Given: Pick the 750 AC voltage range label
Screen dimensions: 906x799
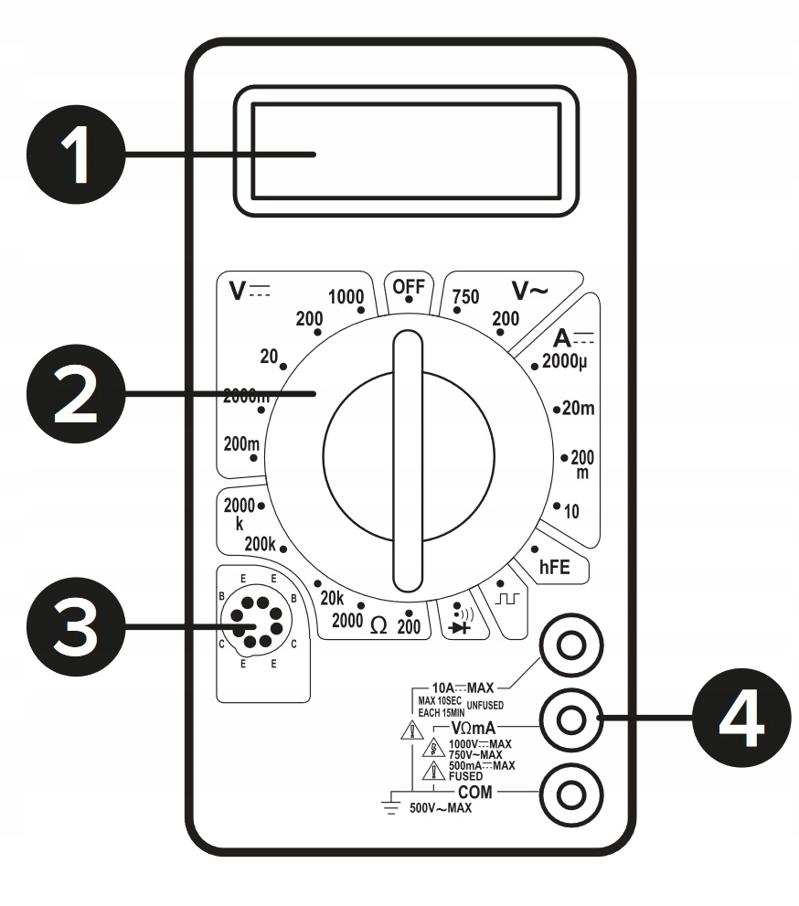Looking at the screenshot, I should [467, 298].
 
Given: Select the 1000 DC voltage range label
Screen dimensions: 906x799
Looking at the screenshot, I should [345, 296].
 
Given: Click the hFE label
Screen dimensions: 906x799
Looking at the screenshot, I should [554, 567].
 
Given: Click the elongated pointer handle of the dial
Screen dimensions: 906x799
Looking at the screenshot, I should [408, 463].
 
